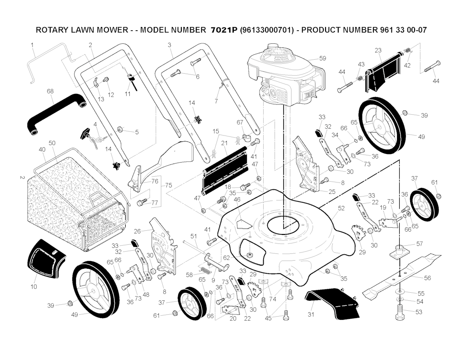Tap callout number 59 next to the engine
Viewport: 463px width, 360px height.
click(322, 58)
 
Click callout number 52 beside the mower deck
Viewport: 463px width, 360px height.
click(341, 208)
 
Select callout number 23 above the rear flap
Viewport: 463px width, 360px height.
click(378, 50)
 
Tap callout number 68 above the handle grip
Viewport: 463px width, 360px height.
click(50, 91)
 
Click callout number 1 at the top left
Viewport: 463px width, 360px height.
click(33, 45)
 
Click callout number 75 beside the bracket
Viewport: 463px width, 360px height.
click(169, 186)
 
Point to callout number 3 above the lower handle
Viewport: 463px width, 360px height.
click(169, 45)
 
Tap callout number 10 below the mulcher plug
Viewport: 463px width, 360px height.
click(34, 287)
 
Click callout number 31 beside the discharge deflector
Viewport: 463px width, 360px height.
click(311, 314)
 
